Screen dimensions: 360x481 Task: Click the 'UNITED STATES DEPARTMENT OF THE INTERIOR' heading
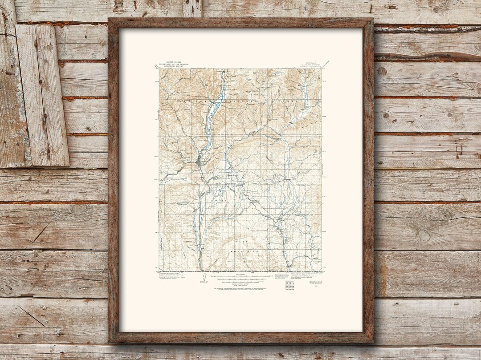(x=177, y=64)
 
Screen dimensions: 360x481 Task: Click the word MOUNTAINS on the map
(x=244, y=252)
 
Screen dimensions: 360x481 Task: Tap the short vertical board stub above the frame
(x=192, y=8)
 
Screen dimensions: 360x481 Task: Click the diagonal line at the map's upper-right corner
(x=326, y=64)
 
